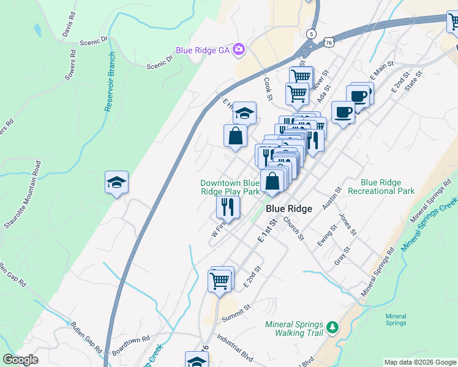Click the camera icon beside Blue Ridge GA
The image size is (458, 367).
(x=239, y=50)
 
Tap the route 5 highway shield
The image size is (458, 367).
(x=312, y=33)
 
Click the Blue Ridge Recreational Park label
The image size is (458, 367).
(x=381, y=187)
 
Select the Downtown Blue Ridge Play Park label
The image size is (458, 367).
(x=230, y=187)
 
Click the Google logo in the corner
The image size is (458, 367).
(x=20, y=360)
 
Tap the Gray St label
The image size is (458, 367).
(x=342, y=254)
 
